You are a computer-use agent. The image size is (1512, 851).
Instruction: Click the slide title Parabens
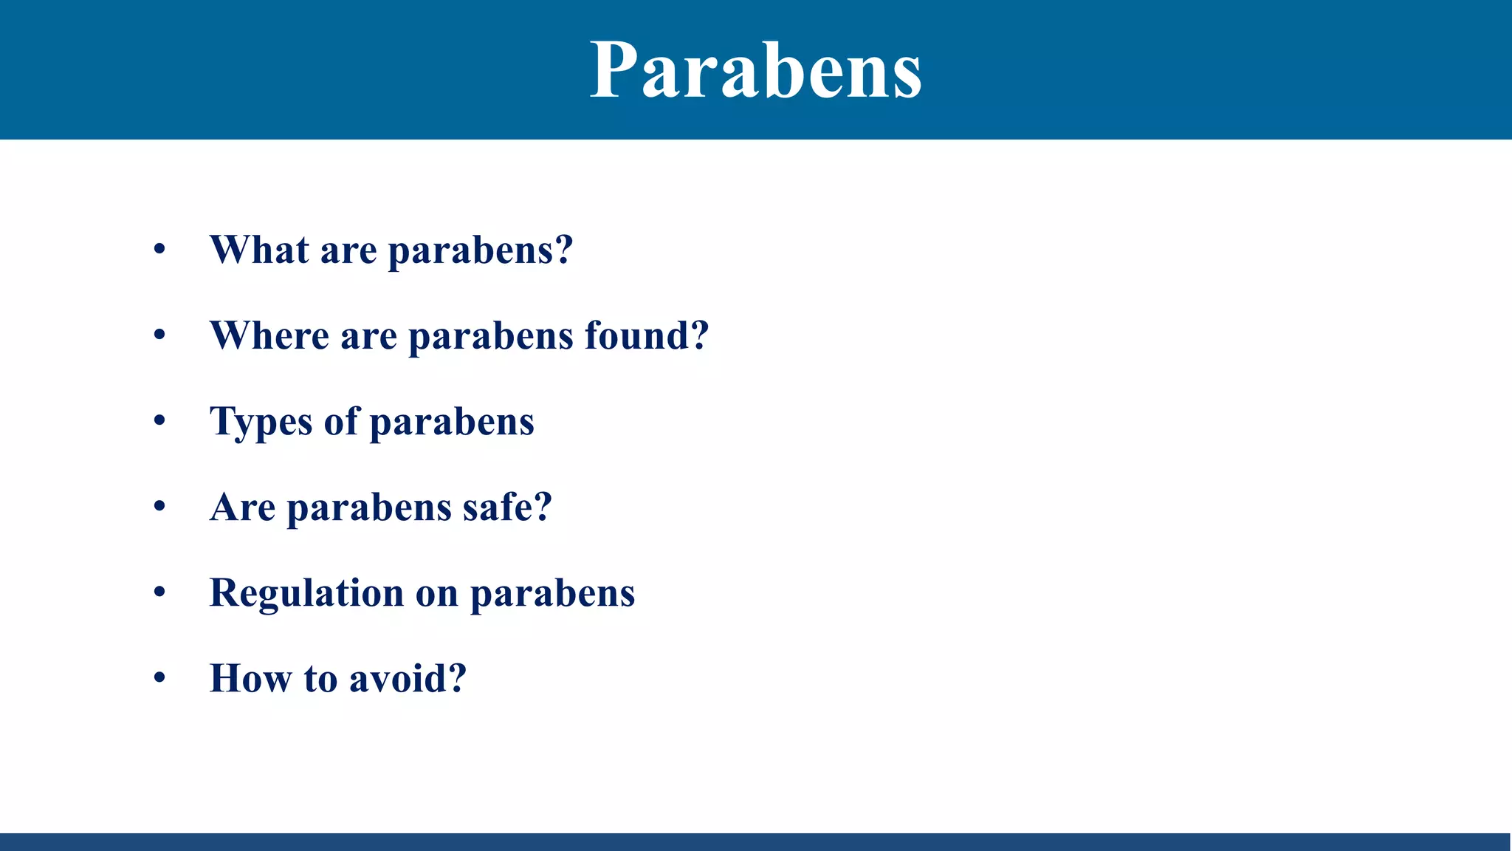click(755, 70)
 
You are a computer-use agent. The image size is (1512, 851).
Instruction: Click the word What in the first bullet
click(258, 250)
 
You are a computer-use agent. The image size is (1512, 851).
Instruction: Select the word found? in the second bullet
click(647, 335)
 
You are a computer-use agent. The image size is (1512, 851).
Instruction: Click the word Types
click(261, 423)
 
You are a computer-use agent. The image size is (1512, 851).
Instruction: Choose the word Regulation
click(306, 593)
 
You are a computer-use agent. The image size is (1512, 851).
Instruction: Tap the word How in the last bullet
click(250, 678)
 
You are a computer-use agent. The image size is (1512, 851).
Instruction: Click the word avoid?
click(408, 678)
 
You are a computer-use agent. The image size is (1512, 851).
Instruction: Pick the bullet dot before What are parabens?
click(159, 250)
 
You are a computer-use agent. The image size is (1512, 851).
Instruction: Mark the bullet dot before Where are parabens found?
click(159, 335)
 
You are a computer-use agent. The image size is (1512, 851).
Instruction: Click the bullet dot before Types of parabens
click(159, 421)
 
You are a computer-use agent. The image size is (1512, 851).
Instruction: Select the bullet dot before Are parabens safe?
click(159, 507)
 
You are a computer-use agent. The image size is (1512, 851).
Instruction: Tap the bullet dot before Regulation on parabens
click(159, 592)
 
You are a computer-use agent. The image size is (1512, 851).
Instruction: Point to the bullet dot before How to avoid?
click(159, 678)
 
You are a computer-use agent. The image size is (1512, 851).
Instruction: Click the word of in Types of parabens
click(340, 421)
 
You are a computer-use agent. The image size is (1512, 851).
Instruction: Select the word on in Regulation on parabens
click(436, 593)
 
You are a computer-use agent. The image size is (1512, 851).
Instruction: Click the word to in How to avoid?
click(320, 678)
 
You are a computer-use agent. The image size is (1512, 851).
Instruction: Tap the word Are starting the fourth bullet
click(242, 507)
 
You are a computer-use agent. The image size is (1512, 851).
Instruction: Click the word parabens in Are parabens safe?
click(368, 508)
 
